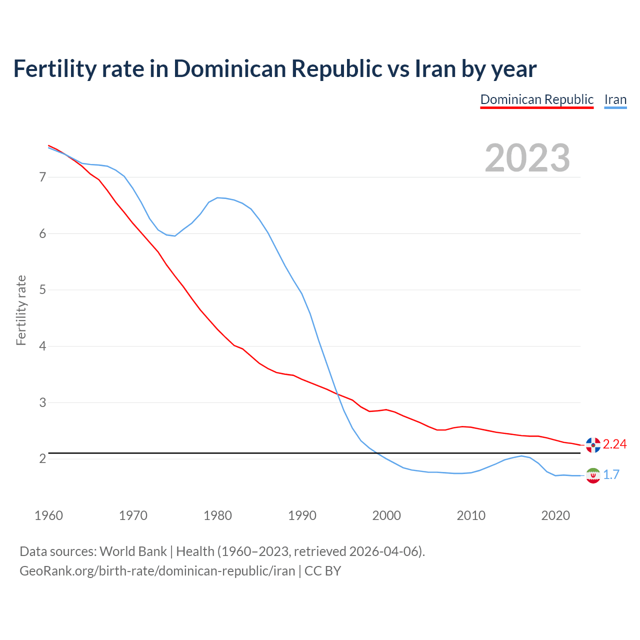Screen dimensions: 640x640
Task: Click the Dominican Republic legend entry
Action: click(x=536, y=99)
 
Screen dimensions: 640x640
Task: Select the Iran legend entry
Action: click(x=615, y=99)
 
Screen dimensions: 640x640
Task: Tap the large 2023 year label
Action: click(x=527, y=158)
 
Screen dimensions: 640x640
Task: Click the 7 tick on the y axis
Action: click(x=42, y=177)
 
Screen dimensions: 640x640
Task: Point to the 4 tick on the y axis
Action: click(x=42, y=346)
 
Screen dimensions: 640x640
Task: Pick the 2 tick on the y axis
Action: click(x=42, y=458)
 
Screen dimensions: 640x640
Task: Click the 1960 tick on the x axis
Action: click(x=48, y=515)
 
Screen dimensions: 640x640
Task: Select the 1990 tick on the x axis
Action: click(x=302, y=515)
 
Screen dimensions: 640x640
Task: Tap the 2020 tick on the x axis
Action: click(x=555, y=515)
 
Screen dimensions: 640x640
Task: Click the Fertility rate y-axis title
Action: click(x=21, y=310)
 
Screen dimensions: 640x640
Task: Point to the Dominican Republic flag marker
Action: click(x=593, y=444)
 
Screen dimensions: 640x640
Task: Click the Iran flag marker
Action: click(x=593, y=475)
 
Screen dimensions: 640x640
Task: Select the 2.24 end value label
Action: click(x=614, y=444)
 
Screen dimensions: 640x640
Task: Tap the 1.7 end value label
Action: click(x=611, y=475)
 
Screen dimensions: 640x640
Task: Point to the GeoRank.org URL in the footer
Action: click(x=157, y=570)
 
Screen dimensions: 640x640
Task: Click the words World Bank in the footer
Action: click(x=133, y=551)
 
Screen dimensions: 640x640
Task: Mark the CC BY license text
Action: click(x=322, y=570)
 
